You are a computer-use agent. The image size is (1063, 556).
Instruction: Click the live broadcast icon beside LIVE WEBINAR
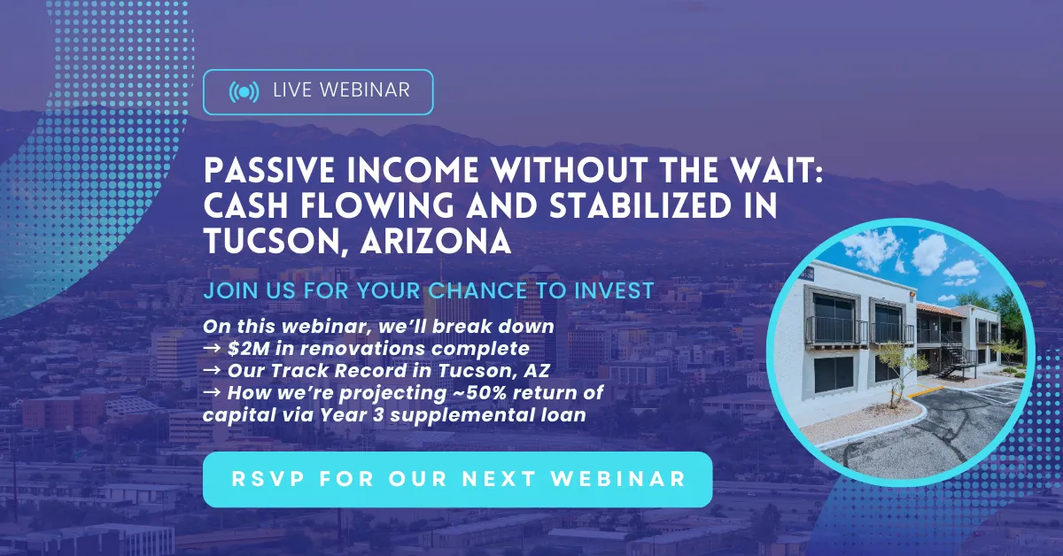[244, 91]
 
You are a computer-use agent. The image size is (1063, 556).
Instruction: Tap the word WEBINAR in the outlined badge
[364, 90]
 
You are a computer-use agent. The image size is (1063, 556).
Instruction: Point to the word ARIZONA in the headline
[436, 241]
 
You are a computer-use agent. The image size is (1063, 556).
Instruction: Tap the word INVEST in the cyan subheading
[614, 290]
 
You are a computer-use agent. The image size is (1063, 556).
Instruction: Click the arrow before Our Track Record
[212, 370]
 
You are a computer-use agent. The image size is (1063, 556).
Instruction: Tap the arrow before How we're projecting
[212, 392]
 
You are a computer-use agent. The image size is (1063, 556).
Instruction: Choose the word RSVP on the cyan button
[268, 479]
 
